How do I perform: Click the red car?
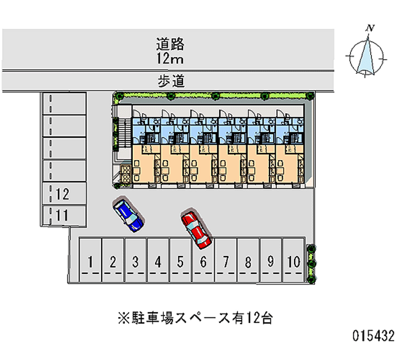[196, 230]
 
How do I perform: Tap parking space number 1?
[91, 261]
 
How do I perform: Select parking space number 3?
[135, 261]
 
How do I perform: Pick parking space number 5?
[180, 261]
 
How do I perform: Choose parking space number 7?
[225, 261]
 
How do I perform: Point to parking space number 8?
[248, 261]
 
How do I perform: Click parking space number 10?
[294, 261]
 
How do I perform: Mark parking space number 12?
[62, 194]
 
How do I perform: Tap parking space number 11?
[62, 215]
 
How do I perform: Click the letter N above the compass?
[369, 28]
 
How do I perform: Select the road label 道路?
[170, 44]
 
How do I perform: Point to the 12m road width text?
[170, 59]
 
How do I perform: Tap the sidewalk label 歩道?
[171, 80]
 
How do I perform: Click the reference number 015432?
[373, 337]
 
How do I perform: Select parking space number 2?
[113, 261]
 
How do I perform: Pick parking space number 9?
[270, 261]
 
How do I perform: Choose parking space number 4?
[158, 261]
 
